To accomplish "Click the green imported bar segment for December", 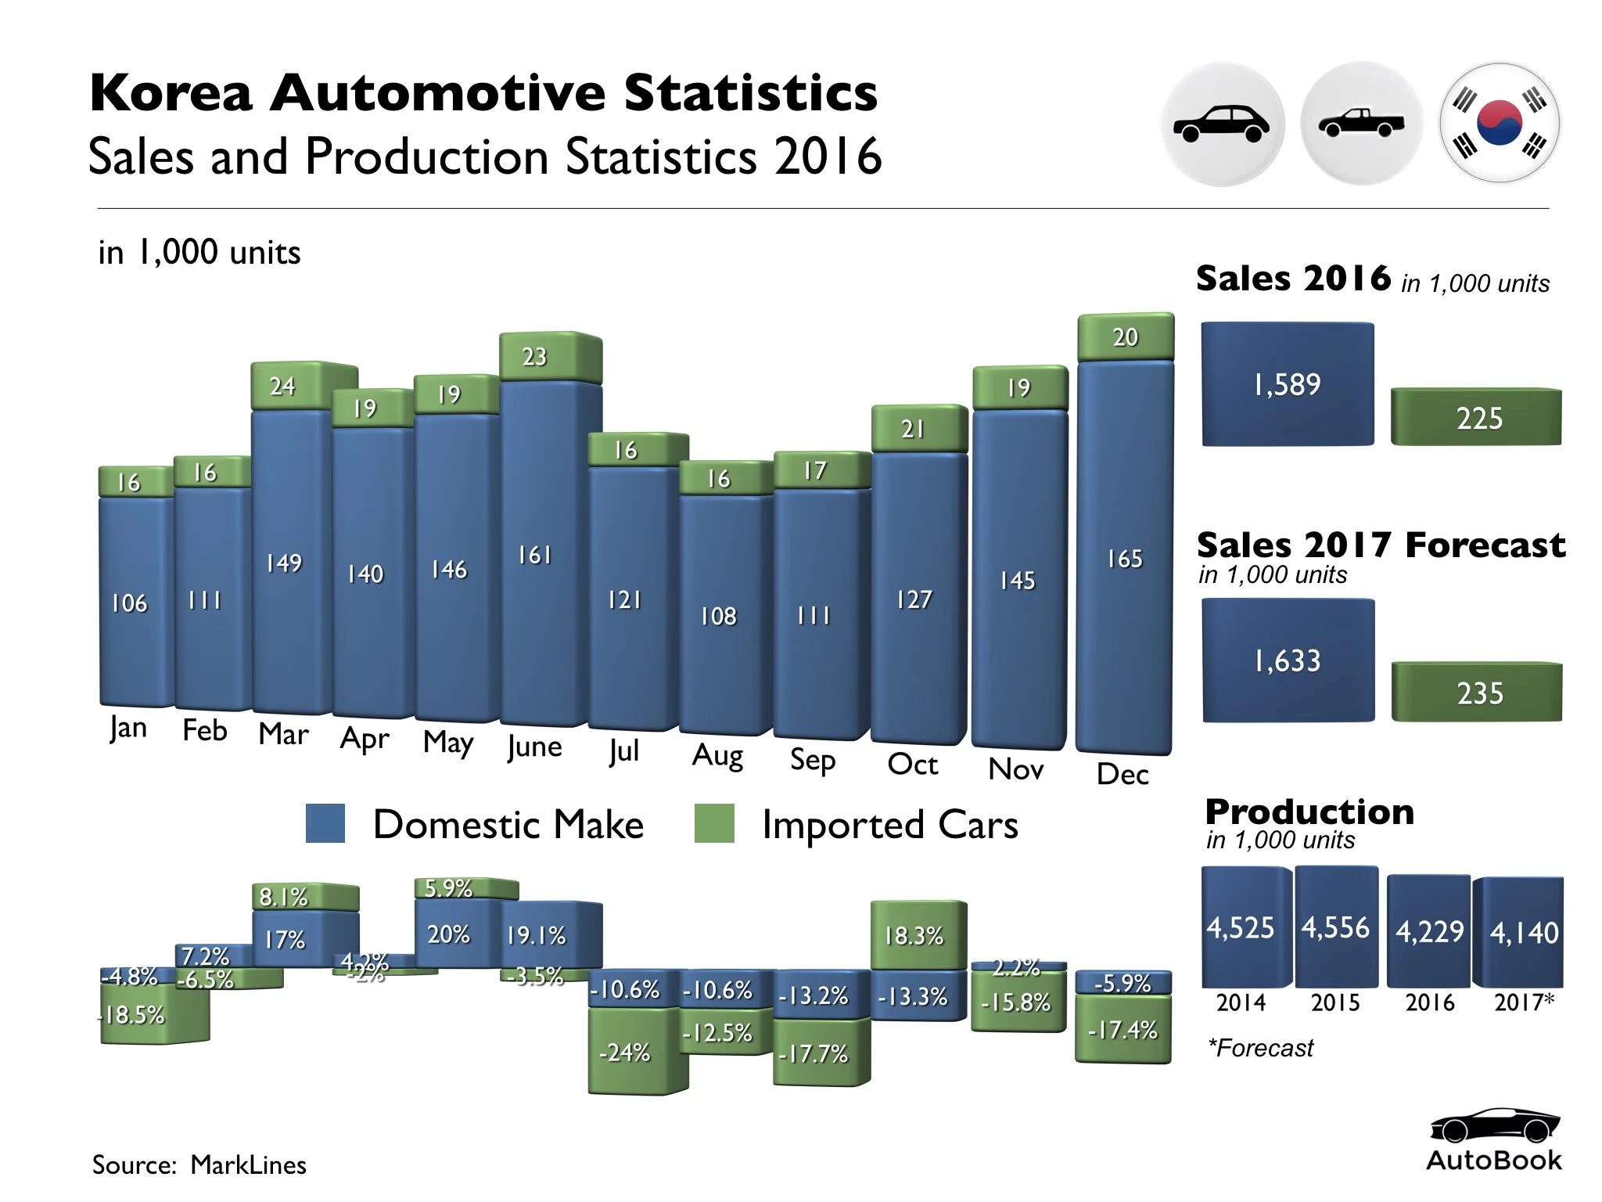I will (x=1125, y=337).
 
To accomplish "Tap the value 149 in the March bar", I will (x=283, y=563).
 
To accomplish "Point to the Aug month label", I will (x=717, y=755).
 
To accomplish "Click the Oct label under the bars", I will (x=912, y=764).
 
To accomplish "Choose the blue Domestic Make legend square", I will (x=325, y=823).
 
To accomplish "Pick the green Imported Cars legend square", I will (x=714, y=823).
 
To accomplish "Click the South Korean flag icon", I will (x=1499, y=123).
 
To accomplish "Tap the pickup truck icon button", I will (x=1361, y=124).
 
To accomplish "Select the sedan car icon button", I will (x=1222, y=124).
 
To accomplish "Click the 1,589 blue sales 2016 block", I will (x=1288, y=384).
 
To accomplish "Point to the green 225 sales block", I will (x=1477, y=418).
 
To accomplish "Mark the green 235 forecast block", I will (x=1477, y=693).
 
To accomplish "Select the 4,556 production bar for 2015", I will (x=1336, y=927).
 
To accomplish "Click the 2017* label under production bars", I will (x=1524, y=1002).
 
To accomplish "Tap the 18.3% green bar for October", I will (x=917, y=935).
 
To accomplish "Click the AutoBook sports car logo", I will (x=1494, y=1126).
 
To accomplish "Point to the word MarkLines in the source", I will (x=248, y=1164).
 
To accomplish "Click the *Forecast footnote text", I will (x=1261, y=1048).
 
